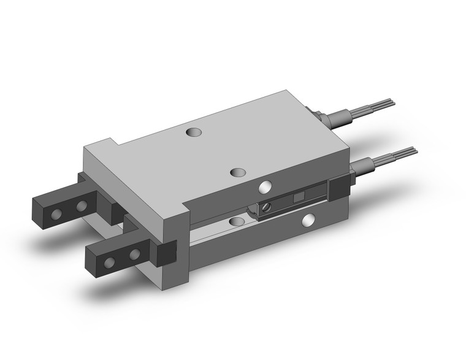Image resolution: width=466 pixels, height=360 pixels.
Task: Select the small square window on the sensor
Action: [x=299, y=196]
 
